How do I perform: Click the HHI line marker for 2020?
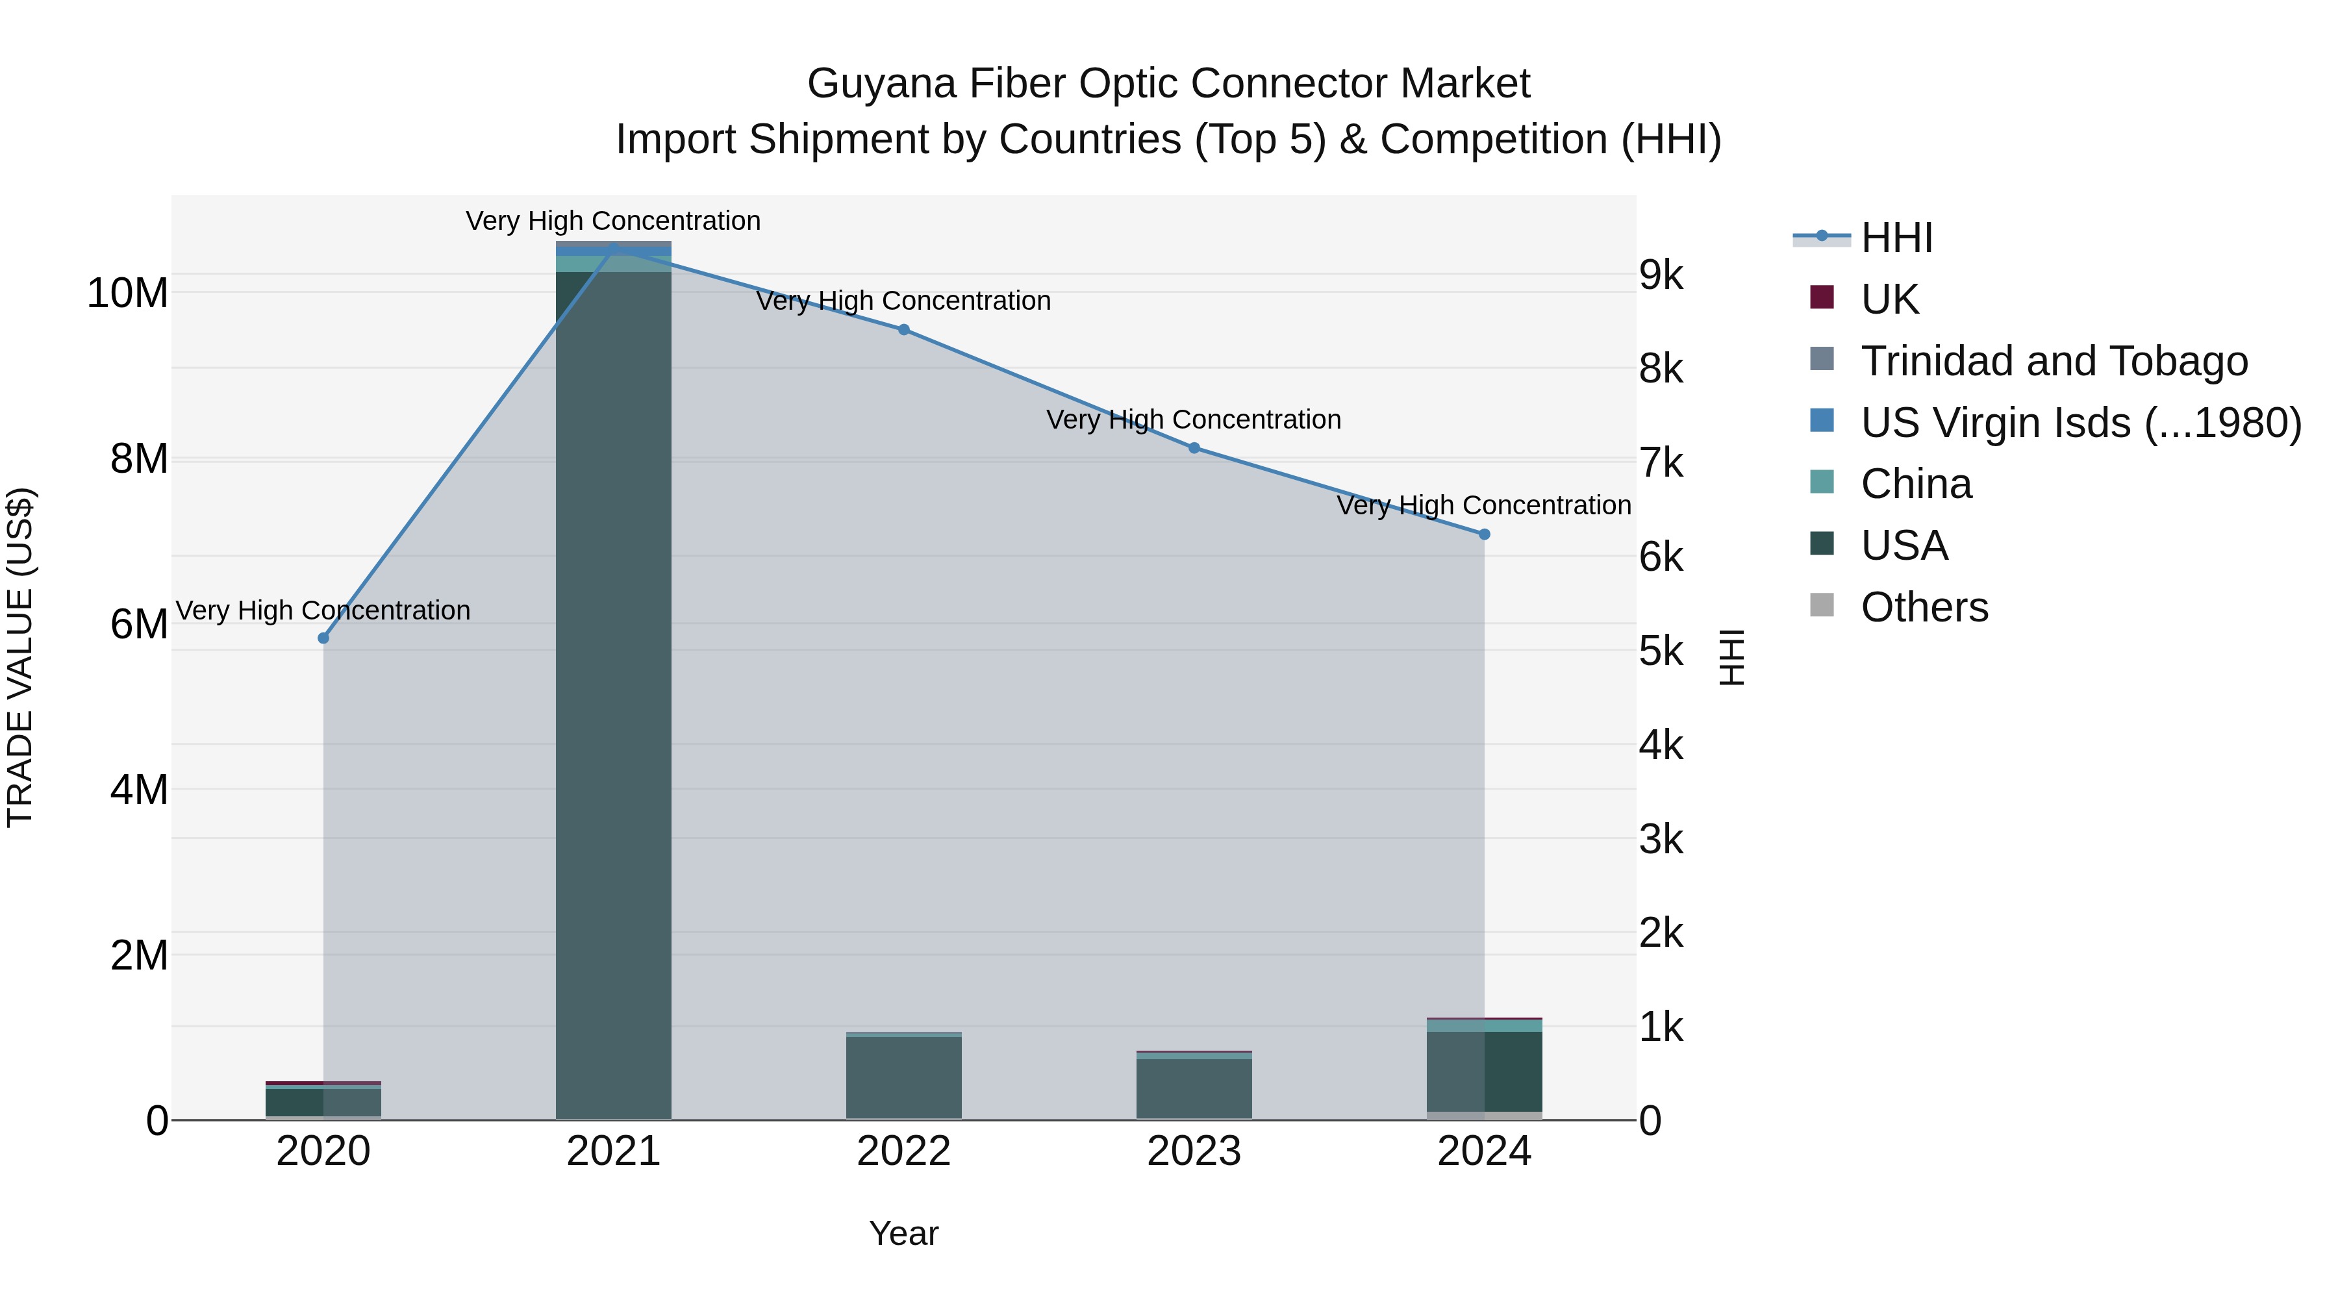[x=323, y=638]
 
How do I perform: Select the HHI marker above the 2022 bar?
[x=903, y=329]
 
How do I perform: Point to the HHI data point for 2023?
[x=1194, y=447]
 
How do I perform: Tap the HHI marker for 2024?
[x=1484, y=534]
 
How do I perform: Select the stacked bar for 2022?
[x=903, y=1077]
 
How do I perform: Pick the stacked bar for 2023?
[x=1194, y=1087]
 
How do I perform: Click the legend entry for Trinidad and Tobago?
[x=2054, y=361]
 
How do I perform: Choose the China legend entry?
[x=1915, y=484]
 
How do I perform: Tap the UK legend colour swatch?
[x=1822, y=297]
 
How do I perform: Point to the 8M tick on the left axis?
[x=139, y=459]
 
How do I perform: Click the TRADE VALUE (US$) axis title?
[x=20, y=657]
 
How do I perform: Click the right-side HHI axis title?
[x=1731, y=657]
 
